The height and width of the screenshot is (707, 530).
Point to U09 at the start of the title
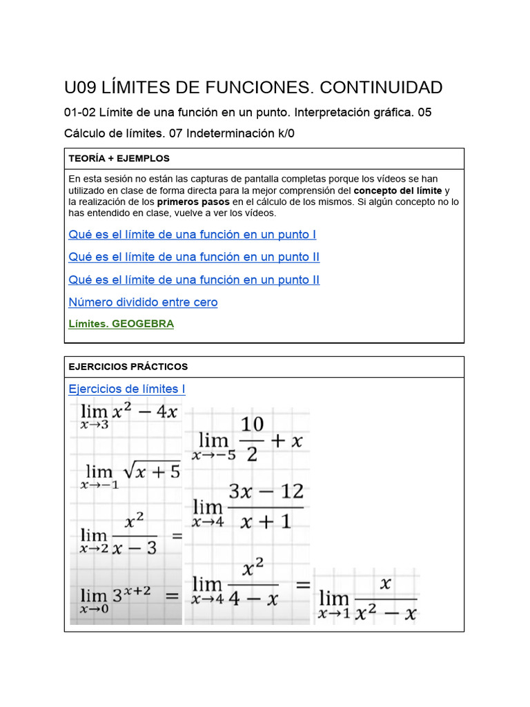click(x=81, y=88)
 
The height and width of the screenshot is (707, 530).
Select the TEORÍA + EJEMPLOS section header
click(x=119, y=159)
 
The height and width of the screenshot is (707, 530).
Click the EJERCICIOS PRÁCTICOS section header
click(x=128, y=367)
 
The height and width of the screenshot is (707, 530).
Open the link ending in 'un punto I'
click(x=192, y=235)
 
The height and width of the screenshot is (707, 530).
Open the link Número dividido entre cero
click(x=143, y=302)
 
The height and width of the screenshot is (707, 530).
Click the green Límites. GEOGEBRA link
click(x=121, y=324)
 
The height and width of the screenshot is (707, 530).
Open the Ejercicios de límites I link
click(x=127, y=389)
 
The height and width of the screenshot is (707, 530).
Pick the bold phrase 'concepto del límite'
click(x=397, y=191)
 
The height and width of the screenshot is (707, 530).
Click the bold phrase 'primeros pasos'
click(x=193, y=202)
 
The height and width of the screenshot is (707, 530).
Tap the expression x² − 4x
click(x=146, y=413)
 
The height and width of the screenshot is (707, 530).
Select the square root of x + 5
click(x=151, y=472)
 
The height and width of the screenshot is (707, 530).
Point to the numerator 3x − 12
click(x=266, y=492)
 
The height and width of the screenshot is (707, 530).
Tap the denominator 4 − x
click(x=253, y=599)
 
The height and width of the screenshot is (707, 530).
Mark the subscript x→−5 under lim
click(x=213, y=456)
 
